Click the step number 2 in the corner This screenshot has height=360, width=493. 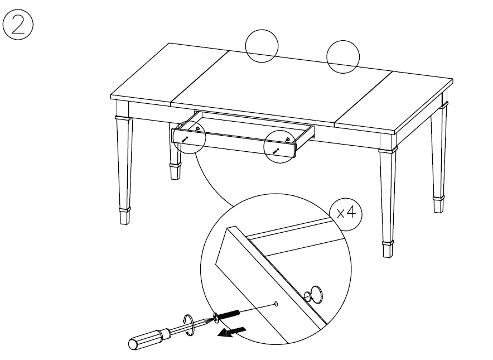tap(18, 26)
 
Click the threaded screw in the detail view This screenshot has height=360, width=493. tap(227, 315)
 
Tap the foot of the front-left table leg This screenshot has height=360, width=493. tap(125, 215)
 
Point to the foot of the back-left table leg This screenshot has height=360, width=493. tap(175, 171)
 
